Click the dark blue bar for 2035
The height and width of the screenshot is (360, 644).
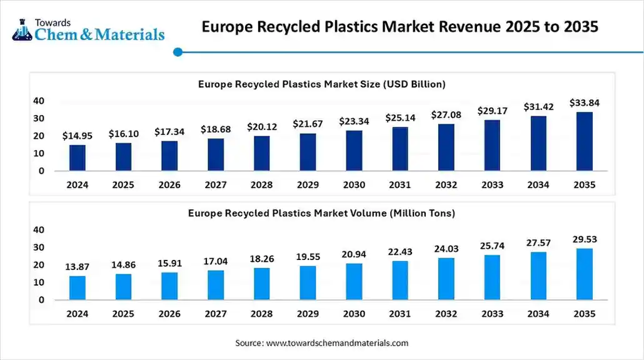(x=584, y=141)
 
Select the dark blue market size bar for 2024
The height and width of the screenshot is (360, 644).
(x=78, y=157)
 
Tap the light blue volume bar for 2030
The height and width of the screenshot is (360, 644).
(x=354, y=281)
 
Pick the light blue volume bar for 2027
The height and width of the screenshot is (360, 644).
(x=216, y=285)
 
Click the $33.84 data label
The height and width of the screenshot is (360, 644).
(x=584, y=103)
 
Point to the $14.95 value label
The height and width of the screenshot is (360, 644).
(x=78, y=136)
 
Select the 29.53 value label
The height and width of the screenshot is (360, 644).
(x=584, y=239)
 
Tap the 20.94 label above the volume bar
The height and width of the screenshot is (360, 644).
(x=354, y=254)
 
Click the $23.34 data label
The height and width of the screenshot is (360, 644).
(x=354, y=122)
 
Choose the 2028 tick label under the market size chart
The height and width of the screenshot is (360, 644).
(x=262, y=185)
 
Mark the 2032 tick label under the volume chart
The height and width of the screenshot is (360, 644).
(x=446, y=314)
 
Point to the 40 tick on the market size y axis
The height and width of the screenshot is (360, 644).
(x=39, y=101)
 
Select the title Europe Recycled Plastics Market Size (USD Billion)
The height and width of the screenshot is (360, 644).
(x=321, y=84)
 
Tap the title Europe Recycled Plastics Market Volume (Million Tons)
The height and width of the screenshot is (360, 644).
(x=321, y=213)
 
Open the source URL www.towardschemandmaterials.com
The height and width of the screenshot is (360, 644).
(x=337, y=343)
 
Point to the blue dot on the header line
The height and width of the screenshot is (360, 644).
(x=178, y=52)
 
